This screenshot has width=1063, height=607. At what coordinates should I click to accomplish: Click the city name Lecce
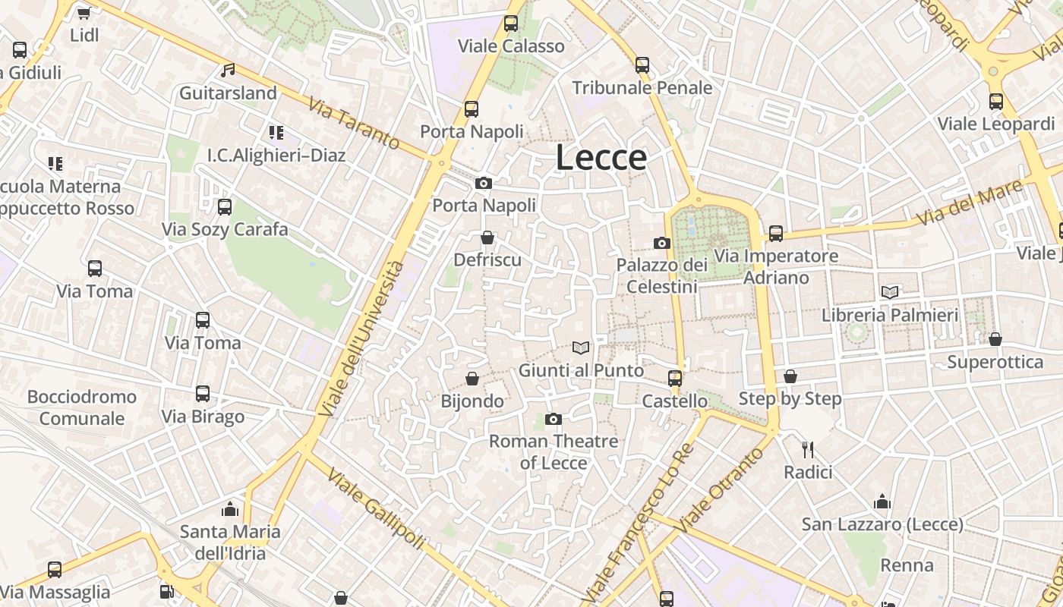(601, 158)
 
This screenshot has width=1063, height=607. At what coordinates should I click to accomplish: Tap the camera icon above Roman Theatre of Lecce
(554, 419)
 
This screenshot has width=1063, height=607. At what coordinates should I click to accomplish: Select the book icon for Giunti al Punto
(581, 348)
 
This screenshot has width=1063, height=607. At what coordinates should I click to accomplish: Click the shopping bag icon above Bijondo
(472, 378)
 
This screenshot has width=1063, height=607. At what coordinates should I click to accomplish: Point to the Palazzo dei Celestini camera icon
(662, 243)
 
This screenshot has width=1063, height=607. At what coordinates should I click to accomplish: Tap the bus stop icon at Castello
(674, 378)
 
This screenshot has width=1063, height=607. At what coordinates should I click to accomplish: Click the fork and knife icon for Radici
(808, 450)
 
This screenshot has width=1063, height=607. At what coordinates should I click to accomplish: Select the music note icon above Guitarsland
(228, 71)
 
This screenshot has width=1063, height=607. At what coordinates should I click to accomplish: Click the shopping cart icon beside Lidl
(84, 13)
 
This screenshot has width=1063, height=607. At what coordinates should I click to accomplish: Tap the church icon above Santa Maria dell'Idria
(230, 509)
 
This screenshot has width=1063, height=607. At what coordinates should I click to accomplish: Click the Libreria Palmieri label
(890, 314)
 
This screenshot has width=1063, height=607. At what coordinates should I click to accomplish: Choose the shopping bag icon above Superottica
(995, 339)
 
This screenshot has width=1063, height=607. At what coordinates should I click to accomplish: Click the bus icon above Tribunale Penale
(642, 65)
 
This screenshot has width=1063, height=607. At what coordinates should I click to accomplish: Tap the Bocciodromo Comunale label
(82, 407)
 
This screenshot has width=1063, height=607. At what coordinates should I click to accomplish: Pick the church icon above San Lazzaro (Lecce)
(882, 502)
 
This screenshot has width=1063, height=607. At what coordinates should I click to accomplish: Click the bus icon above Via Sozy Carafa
(225, 207)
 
